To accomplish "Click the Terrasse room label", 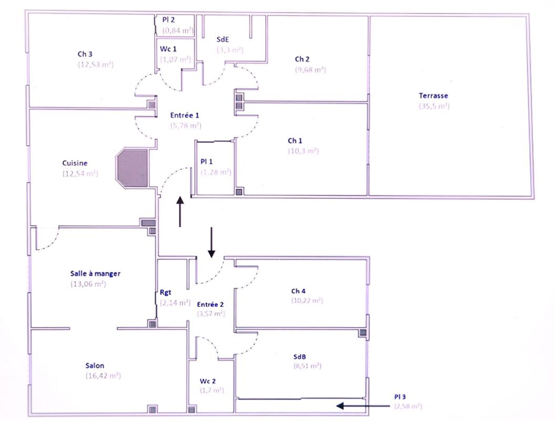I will pyautogui.click(x=433, y=96).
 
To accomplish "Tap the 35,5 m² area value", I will pyautogui.click(x=434, y=106).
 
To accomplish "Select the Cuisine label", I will pyautogui.click(x=75, y=163).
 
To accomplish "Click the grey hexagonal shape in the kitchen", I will pyautogui.click(x=133, y=168).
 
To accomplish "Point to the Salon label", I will pyautogui.click(x=95, y=366).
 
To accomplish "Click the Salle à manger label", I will pyautogui.click(x=95, y=274).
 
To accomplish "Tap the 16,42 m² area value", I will pyautogui.click(x=103, y=376).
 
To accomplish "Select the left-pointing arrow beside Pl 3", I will pyautogui.click(x=355, y=406).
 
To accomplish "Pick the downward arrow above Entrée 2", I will pyautogui.click(x=211, y=242).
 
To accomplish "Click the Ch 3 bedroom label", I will pyautogui.click(x=85, y=54).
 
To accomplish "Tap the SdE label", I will pyautogui.click(x=223, y=39).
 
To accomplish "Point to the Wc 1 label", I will pyautogui.click(x=168, y=48).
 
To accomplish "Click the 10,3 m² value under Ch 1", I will pyautogui.click(x=303, y=151).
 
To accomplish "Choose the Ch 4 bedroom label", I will pyautogui.click(x=298, y=291).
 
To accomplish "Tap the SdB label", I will pyautogui.click(x=299, y=356).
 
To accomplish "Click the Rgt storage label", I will pyautogui.click(x=166, y=293).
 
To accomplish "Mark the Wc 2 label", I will pyautogui.click(x=208, y=380).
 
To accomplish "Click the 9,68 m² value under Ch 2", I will pyautogui.click(x=310, y=69).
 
